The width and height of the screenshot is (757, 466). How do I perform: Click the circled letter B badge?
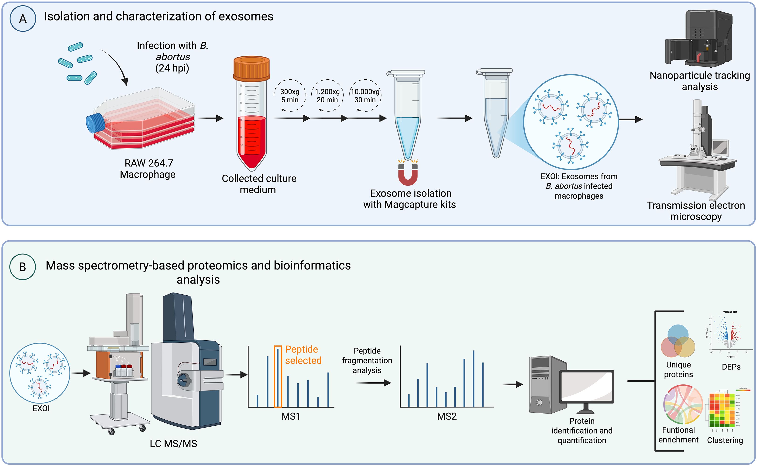point(23,267)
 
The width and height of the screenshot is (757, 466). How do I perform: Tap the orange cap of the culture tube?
point(251,68)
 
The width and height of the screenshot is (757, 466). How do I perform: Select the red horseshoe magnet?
point(408,176)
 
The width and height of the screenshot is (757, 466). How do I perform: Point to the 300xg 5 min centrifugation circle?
point(290,96)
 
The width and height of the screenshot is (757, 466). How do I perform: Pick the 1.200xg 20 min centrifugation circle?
point(327,96)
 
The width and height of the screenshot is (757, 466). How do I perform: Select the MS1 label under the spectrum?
point(291,416)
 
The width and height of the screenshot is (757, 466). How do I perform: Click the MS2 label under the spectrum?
point(447,416)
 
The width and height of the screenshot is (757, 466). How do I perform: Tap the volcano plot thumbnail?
point(728,334)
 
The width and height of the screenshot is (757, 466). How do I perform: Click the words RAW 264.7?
point(149,163)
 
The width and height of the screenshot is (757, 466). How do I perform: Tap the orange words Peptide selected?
point(303,355)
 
